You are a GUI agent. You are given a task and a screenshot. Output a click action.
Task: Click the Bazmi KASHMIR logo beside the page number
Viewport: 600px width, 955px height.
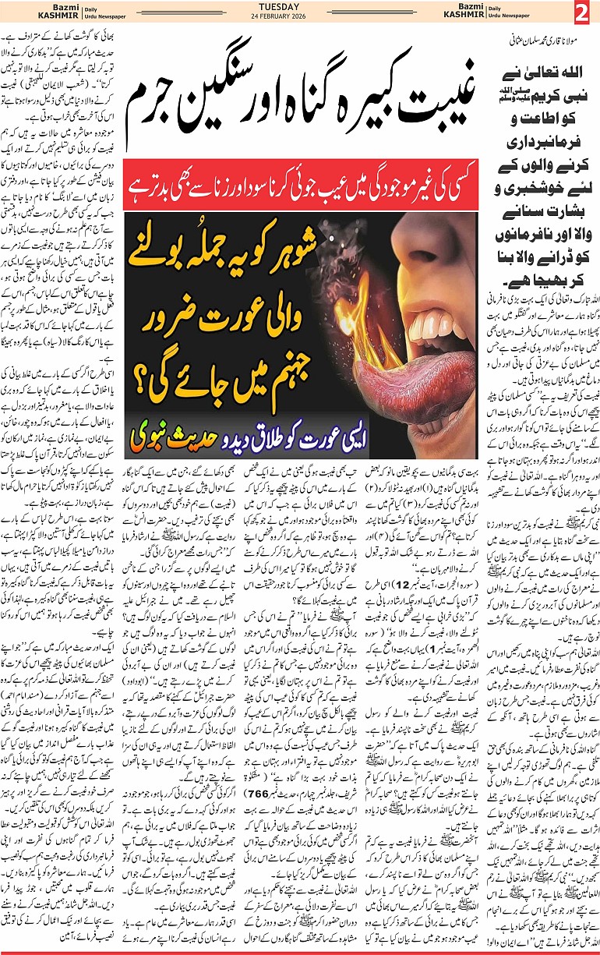(525, 14)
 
